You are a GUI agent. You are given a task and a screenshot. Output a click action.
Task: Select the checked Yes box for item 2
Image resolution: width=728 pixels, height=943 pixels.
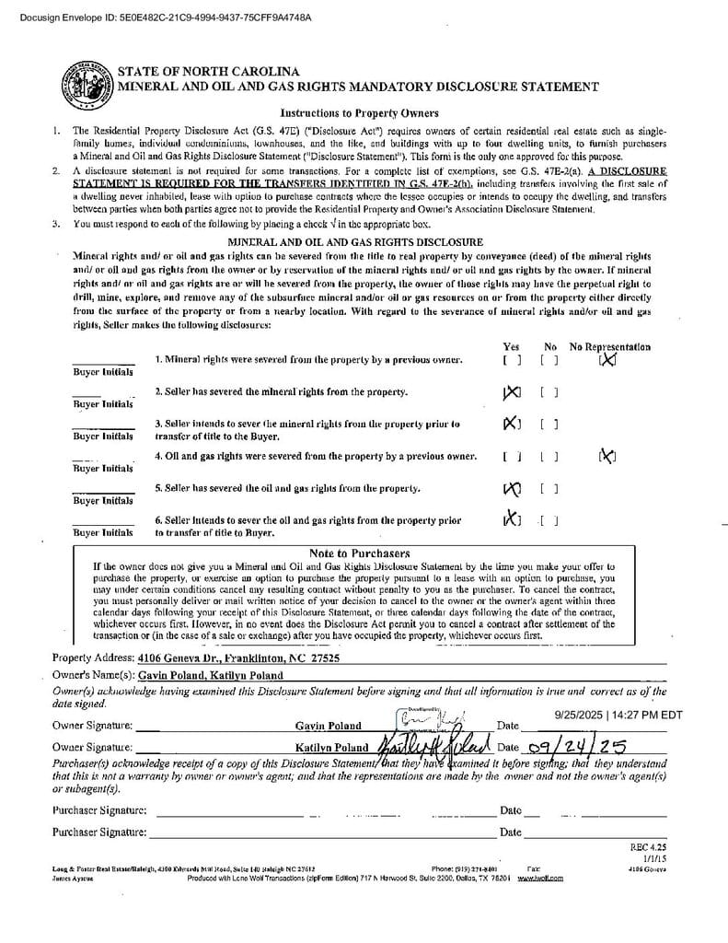(x=512, y=393)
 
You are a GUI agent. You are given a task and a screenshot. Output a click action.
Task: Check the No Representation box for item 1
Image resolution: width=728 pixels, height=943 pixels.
(x=607, y=360)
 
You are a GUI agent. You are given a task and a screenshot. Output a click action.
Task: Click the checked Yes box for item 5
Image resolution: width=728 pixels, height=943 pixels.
(x=512, y=488)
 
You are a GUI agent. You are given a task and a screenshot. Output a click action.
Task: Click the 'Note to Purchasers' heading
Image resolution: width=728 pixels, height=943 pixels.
(x=360, y=553)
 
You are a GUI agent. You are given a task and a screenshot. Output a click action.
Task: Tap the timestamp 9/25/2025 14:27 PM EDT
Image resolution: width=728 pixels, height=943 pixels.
(x=618, y=714)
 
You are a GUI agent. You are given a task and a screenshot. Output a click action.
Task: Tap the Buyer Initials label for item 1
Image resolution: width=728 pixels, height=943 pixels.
(x=103, y=372)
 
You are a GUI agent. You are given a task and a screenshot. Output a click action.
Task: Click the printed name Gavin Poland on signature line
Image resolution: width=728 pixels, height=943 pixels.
(x=329, y=726)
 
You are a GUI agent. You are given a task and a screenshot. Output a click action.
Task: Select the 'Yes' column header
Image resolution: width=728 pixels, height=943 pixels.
(x=512, y=347)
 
